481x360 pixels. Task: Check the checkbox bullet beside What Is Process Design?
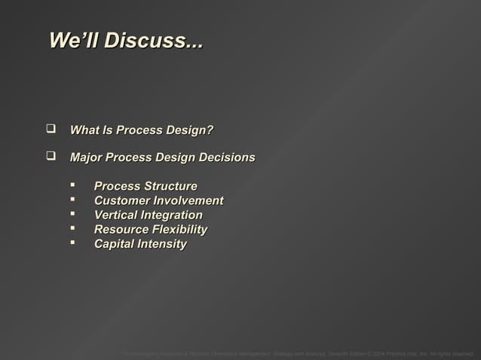point(52,130)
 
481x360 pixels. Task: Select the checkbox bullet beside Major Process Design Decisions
point(52,157)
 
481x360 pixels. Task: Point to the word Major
point(86,158)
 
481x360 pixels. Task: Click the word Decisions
point(225,158)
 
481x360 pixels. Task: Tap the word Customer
point(121,200)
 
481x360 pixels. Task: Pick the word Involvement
point(188,200)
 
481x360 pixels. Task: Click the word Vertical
point(116,215)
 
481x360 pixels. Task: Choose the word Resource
point(121,230)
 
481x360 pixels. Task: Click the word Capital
point(115,244)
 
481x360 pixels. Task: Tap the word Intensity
point(162,244)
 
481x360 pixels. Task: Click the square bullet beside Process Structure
point(73,186)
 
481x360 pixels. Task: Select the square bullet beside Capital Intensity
point(73,244)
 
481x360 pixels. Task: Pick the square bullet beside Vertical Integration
point(73,215)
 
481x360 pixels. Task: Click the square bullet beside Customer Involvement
point(73,200)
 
